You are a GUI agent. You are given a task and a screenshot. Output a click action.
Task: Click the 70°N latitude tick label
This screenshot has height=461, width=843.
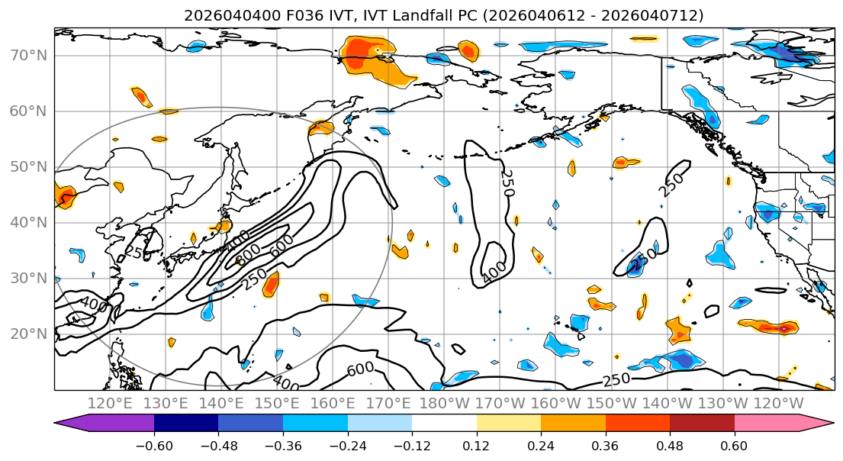pyautogui.click(x=29, y=56)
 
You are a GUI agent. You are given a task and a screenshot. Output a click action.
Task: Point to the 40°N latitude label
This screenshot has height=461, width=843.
pyautogui.click(x=29, y=223)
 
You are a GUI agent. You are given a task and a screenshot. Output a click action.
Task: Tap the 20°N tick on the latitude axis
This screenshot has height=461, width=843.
pyautogui.click(x=29, y=334)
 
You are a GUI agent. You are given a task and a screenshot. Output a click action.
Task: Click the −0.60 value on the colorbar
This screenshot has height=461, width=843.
pyautogui.click(x=153, y=445)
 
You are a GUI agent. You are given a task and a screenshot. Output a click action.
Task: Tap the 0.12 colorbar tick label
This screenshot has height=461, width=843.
pyautogui.click(x=476, y=445)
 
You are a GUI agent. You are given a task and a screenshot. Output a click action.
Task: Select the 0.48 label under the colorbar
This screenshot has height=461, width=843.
pyautogui.click(x=670, y=445)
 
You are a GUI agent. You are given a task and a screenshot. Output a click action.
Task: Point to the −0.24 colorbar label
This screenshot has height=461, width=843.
pyautogui.click(x=347, y=445)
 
